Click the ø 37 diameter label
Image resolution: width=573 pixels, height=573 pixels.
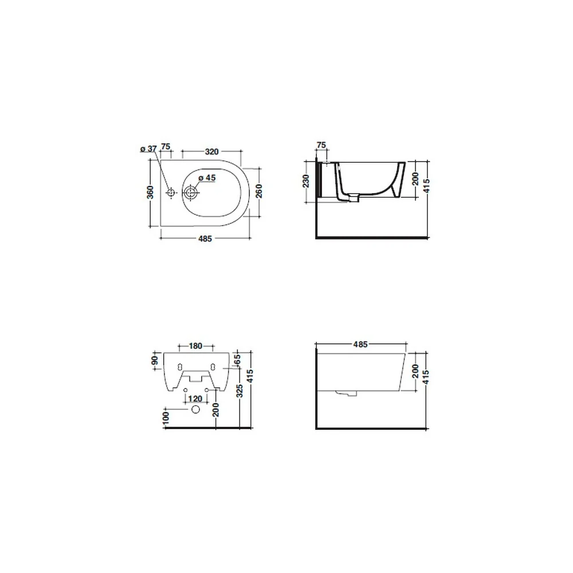click(148, 149)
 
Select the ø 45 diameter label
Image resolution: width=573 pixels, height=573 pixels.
click(207, 178)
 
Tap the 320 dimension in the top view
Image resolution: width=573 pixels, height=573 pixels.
click(211, 152)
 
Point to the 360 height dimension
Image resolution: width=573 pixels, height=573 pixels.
click(150, 192)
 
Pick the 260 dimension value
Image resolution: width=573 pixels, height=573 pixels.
click(259, 191)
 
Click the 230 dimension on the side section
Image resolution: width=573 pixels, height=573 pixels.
click(306, 181)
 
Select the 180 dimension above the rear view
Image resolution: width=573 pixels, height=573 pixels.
click(195, 346)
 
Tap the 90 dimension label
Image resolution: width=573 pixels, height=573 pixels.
click(155, 360)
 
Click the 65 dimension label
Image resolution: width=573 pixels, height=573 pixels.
click(237, 359)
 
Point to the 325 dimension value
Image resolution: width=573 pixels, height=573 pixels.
click(240, 391)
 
